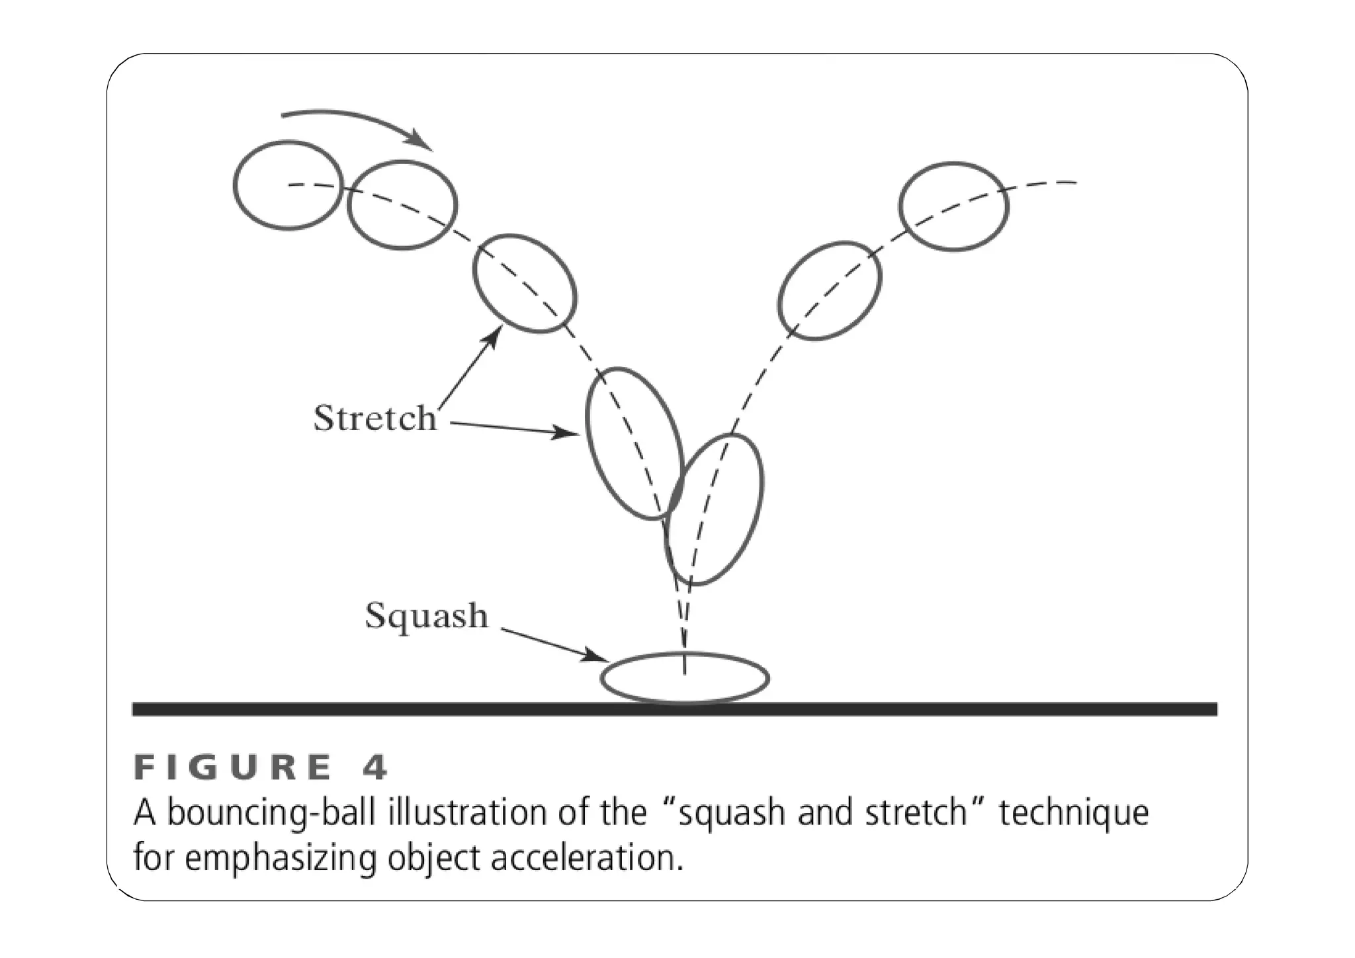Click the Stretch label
pyautogui.click(x=374, y=418)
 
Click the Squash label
pyautogui.click(x=427, y=616)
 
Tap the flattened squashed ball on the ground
pyautogui.click(x=685, y=678)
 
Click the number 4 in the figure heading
pyautogui.click(x=375, y=767)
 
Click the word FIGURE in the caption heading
pyautogui.click(x=232, y=767)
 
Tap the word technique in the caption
pyautogui.click(x=1073, y=813)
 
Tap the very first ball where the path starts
pyautogui.click(x=288, y=185)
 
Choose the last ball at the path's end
pyautogui.click(x=953, y=206)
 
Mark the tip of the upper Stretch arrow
pyautogui.click(x=497, y=333)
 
